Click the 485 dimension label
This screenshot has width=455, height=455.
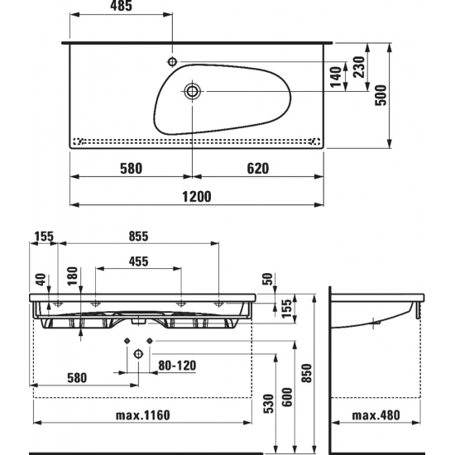(121, 6)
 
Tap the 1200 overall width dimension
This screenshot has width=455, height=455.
(197, 197)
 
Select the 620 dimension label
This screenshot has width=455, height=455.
(258, 169)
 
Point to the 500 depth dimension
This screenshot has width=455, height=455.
(381, 95)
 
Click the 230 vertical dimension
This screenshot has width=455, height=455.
(359, 67)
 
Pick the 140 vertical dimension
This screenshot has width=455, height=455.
(336, 77)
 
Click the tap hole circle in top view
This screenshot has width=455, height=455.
(172, 61)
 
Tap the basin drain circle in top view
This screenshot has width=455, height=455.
(192, 91)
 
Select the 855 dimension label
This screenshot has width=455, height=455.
(138, 237)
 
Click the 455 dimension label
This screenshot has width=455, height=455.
(138, 261)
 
